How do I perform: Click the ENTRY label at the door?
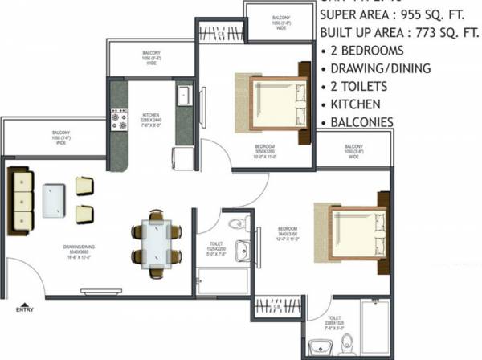click(25, 307)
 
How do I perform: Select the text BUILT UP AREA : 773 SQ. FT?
click(399, 34)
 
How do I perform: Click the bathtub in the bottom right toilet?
click(377, 327)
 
